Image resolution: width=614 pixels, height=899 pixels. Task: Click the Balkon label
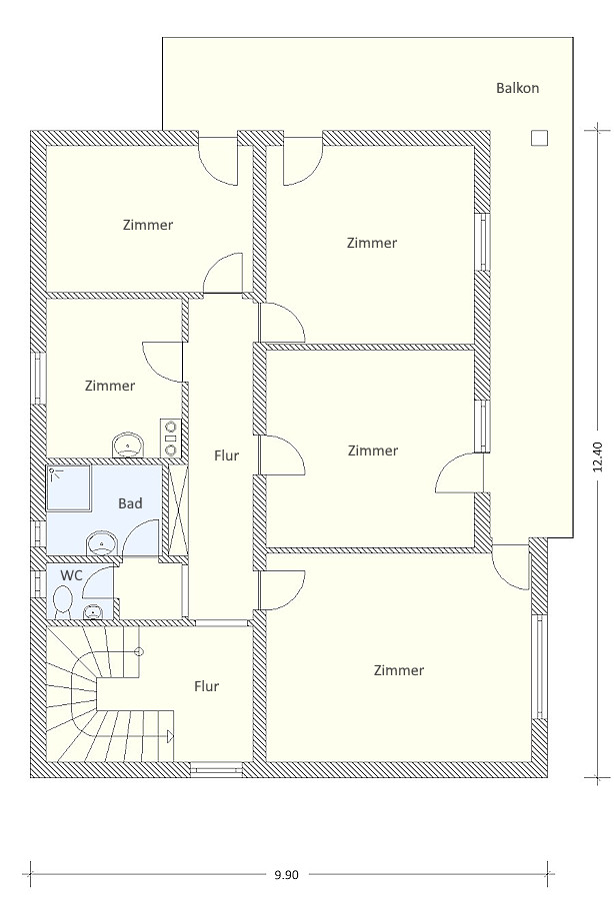518,88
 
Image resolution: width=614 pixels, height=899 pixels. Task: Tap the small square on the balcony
539,138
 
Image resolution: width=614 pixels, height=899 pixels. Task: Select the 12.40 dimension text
598,456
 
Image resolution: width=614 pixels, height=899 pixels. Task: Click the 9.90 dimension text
286,874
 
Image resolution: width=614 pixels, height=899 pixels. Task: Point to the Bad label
130,503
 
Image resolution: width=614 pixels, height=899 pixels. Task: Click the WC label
71,575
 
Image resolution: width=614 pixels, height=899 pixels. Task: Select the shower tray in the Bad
69,487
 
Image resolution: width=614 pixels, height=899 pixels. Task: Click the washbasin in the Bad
102,543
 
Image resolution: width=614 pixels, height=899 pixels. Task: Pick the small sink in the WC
92,613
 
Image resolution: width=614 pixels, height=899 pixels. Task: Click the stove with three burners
170,438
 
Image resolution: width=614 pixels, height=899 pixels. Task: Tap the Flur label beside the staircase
207,686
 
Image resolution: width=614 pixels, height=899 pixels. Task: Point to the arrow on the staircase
170,735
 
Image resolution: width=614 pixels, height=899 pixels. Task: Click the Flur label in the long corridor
226,455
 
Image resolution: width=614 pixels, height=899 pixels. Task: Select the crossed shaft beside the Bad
177,509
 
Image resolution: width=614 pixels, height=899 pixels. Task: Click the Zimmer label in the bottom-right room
399,670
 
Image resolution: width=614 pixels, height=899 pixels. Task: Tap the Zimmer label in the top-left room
148,225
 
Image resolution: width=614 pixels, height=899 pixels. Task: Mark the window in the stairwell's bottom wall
217,769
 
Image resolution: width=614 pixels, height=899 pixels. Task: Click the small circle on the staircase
139,652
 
